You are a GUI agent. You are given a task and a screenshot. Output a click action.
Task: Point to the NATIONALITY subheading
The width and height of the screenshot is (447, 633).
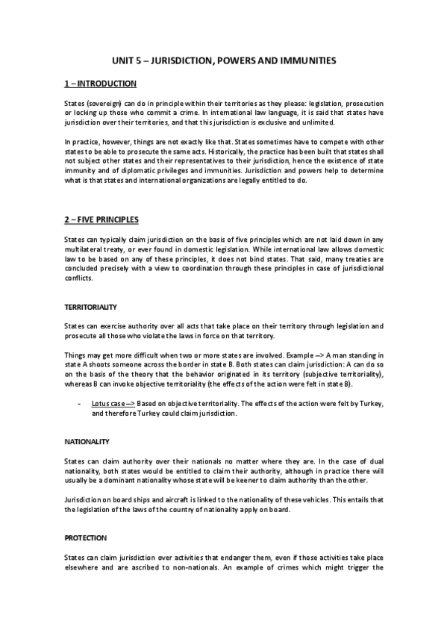point(86,442)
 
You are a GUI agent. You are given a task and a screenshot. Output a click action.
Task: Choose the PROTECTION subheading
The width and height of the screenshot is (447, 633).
point(86,537)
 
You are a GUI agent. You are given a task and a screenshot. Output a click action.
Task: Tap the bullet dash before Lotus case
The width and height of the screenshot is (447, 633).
point(79,404)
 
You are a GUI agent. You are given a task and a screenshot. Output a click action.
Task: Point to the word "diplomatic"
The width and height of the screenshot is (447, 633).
point(133,168)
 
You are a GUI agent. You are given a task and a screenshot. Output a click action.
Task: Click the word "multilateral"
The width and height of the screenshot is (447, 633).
point(86,249)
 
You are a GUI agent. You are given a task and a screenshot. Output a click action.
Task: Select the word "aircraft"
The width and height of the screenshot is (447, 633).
point(169,499)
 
